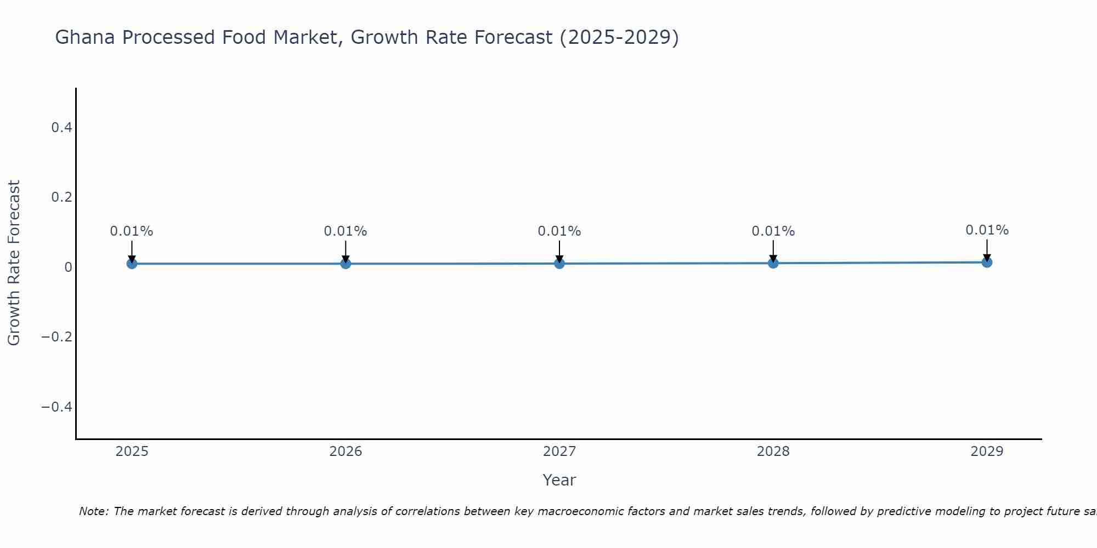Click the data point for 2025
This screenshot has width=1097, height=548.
click(132, 264)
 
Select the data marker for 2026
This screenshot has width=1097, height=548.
click(346, 264)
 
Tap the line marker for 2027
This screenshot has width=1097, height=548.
click(559, 264)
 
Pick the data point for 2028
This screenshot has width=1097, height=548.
click(773, 263)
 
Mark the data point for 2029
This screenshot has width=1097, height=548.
click(987, 262)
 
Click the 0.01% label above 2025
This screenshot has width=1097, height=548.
click(132, 231)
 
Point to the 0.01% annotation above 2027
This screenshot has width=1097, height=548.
click(559, 231)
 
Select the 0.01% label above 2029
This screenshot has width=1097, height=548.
click(987, 230)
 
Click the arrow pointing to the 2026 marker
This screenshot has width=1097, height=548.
click(346, 250)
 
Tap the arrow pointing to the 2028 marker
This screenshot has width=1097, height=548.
click(773, 250)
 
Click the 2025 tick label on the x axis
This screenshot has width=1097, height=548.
click(132, 452)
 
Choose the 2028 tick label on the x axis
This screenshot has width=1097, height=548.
click(773, 452)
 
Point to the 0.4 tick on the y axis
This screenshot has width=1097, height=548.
click(61, 128)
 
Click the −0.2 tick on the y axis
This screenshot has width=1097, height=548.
click(57, 336)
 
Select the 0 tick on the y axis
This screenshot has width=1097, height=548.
click(68, 267)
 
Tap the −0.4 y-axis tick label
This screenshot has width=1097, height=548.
click(57, 407)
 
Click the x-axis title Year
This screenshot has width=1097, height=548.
click(559, 480)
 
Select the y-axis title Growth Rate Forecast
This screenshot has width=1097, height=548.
click(14, 263)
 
